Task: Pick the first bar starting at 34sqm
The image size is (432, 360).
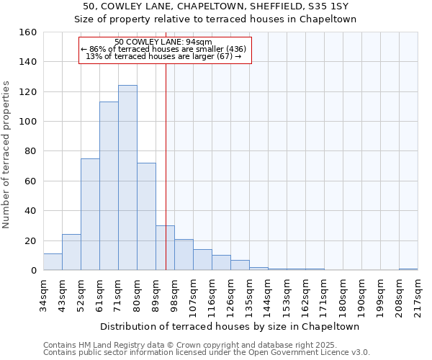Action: coord(53,262)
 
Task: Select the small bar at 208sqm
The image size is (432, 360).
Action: coord(408,269)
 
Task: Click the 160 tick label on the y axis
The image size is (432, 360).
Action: coord(27,32)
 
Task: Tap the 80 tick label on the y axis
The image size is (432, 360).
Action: coord(30,151)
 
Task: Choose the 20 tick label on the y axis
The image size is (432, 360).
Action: coord(30,240)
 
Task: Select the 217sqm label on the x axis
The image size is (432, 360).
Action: coord(418,294)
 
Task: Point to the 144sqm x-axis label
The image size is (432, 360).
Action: coord(268,294)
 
